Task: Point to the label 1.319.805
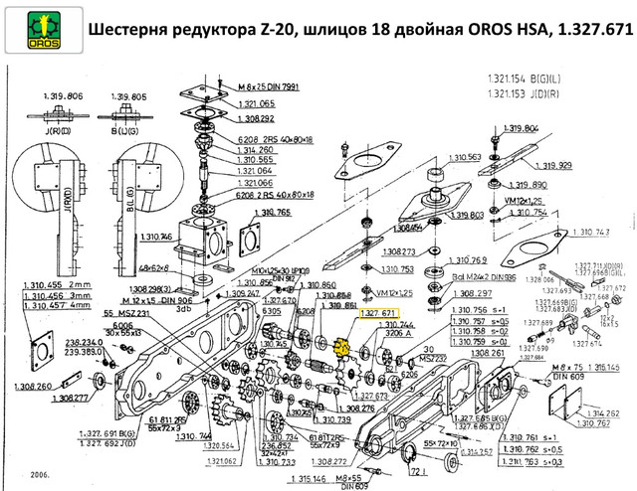[x=132, y=96]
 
